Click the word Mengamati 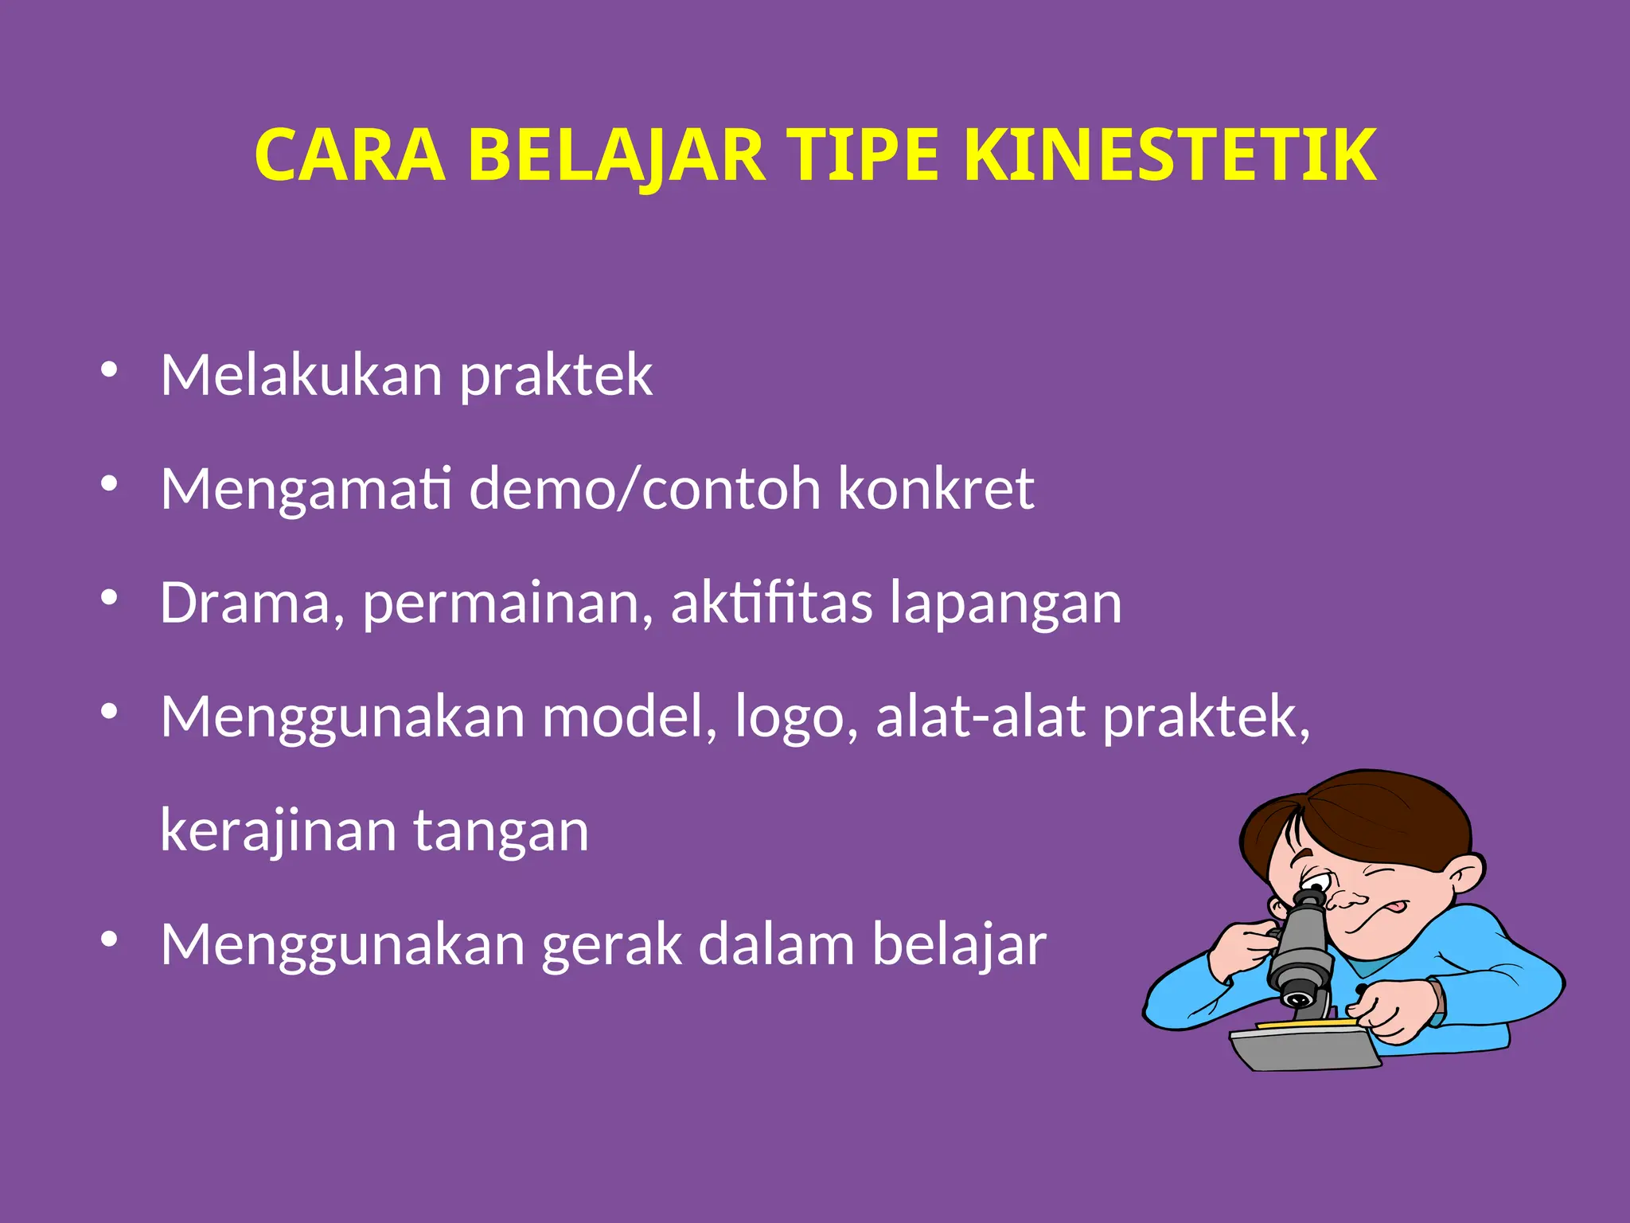click(306, 488)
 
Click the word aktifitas click(771, 603)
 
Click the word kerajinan click(279, 830)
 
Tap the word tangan click(501, 830)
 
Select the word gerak click(612, 944)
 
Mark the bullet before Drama click(109, 597)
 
